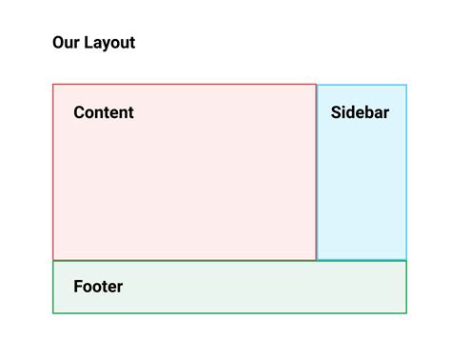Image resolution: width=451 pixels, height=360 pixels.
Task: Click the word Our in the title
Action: tap(65, 43)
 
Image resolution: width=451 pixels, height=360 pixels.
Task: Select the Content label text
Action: tap(104, 112)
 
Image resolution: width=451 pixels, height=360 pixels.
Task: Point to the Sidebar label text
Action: tap(360, 112)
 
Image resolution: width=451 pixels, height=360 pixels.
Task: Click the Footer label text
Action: tap(98, 286)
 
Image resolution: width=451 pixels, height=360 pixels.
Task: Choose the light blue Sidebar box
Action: tap(362, 190)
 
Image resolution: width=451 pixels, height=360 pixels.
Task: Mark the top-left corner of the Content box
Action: tap(53, 85)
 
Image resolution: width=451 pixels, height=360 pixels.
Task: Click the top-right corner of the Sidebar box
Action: tap(406, 85)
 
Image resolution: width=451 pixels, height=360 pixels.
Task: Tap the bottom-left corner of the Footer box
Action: tap(53, 312)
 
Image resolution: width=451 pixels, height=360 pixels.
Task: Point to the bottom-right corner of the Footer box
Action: tap(406, 312)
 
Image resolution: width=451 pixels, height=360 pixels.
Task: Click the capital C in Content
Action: tap(80, 112)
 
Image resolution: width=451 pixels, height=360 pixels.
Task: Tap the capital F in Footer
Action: tap(78, 286)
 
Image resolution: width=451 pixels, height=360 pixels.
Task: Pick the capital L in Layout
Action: tap(87, 43)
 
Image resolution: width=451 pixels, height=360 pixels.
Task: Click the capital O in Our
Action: tap(59, 43)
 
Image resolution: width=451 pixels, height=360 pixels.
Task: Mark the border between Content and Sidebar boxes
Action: tap(316, 171)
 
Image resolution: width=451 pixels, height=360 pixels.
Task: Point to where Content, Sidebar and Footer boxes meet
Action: tap(316, 260)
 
